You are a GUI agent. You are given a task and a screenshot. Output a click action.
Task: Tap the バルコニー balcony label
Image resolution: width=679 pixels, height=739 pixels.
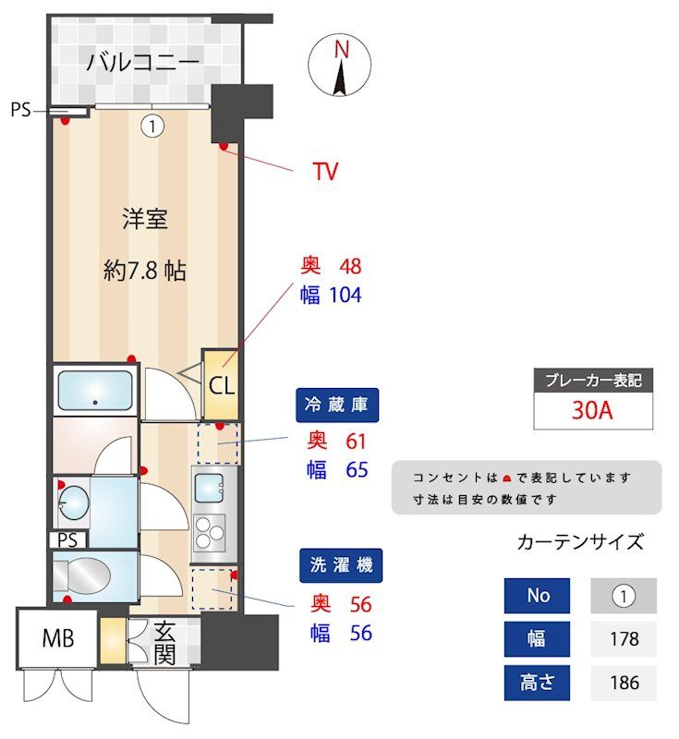143,63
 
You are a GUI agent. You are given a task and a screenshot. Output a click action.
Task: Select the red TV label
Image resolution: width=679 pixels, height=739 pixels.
325,171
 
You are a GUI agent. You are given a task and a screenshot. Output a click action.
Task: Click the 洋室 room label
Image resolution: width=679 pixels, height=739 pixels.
145,219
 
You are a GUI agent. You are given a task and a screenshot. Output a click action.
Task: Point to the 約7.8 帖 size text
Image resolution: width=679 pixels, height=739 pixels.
145,271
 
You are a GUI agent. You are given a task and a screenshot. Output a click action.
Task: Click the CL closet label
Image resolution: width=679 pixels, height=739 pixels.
221,385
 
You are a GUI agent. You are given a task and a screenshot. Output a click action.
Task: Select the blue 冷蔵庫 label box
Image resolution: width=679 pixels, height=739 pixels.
339,404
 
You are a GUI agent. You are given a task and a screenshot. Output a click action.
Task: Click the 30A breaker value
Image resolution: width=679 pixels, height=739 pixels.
593,411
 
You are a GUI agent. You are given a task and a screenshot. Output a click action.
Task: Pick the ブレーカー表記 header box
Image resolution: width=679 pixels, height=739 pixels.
593,380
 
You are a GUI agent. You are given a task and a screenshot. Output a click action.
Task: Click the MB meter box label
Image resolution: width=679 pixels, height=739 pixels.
57,637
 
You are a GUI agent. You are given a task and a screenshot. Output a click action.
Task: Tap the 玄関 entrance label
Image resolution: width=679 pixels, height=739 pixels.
164,644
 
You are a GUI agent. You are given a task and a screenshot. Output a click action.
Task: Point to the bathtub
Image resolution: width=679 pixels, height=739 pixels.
95,392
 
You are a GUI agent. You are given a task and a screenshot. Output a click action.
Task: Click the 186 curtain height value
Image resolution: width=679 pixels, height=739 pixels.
624,684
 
